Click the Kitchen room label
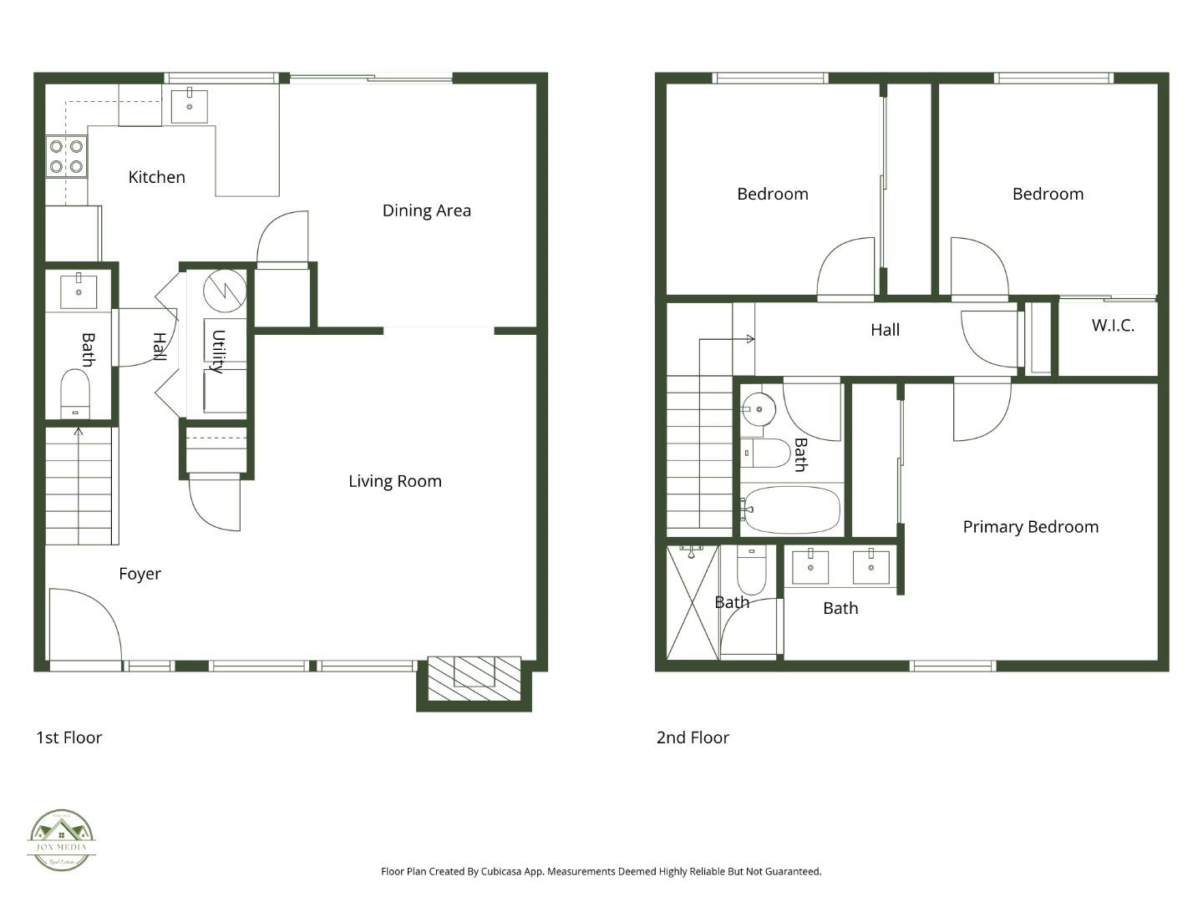156,177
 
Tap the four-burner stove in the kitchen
66,156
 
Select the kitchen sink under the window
190,106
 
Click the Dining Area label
426,210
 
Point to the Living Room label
394,481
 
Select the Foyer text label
140,574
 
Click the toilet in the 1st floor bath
75,393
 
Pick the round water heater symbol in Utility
226,290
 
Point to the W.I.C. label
1113,326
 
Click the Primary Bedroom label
1030,527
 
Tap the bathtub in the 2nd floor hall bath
792,509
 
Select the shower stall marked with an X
692,601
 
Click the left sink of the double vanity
810,566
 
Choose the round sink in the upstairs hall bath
759,409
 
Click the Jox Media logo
61,839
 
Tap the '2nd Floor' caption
693,737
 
